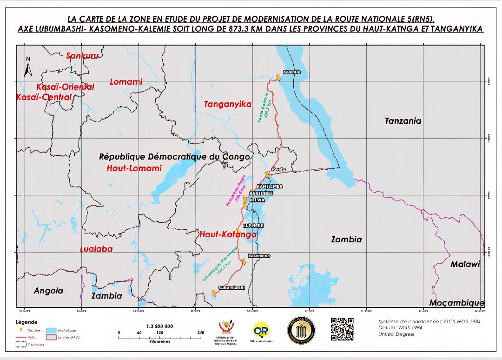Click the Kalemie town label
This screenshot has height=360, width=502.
click(x=292, y=72)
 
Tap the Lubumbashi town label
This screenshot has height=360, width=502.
click(x=231, y=288)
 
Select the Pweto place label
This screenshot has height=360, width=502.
click(x=278, y=169)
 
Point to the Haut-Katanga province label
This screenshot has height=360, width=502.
click(x=228, y=235)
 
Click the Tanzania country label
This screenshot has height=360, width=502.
click(x=403, y=121)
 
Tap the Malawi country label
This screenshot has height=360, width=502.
click(x=465, y=264)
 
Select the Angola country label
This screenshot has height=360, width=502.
click(x=48, y=291)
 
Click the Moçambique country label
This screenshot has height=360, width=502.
click(x=456, y=303)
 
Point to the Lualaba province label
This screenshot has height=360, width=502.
click(x=96, y=249)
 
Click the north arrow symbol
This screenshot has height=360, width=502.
click(x=28, y=67)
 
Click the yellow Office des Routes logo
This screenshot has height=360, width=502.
click(x=260, y=330)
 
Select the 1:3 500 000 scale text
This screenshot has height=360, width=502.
click(x=159, y=326)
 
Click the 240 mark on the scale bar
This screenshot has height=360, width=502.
click(x=201, y=333)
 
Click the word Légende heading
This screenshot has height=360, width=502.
click(x=26, y=322)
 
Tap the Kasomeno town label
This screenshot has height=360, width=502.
click(x=259, y=256)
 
